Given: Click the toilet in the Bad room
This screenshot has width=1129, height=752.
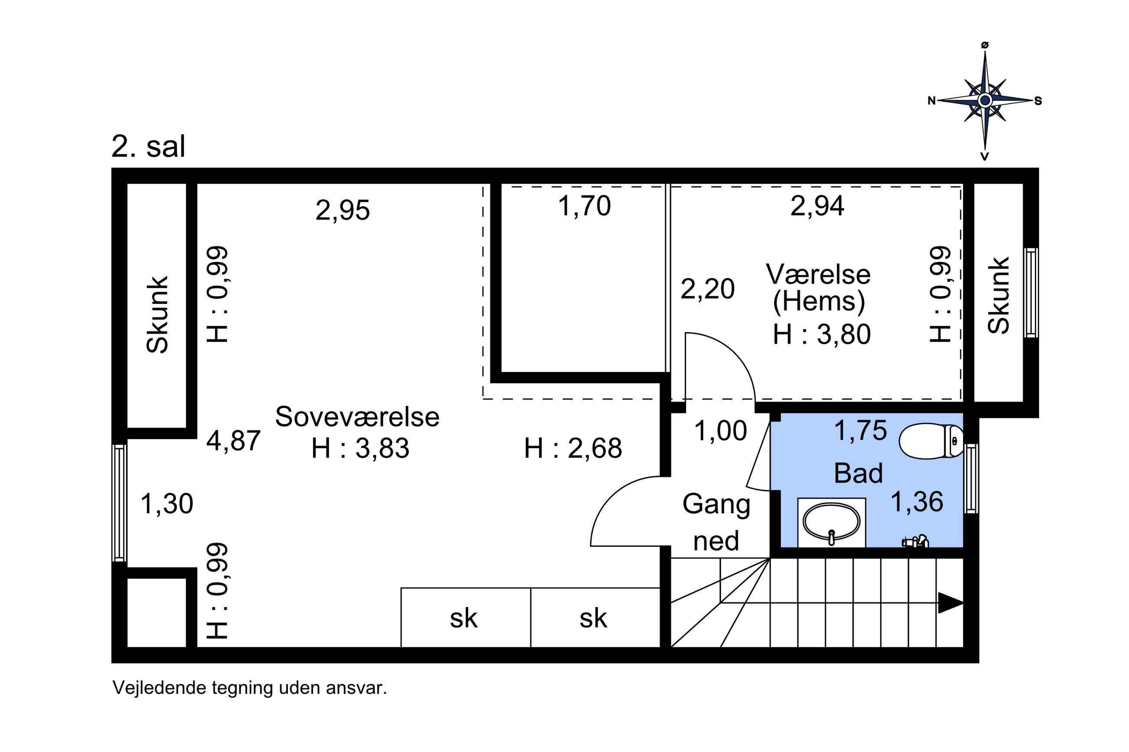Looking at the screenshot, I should click(x=930, y=441).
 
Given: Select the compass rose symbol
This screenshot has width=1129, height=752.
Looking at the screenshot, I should click(x=984, y=101).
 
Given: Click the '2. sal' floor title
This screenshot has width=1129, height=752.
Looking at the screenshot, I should click(x=148, y=146).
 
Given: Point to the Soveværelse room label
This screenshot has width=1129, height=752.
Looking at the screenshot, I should click(x=357, y=417).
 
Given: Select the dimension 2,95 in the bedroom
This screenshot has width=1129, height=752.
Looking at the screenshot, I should click(x=343, y=210).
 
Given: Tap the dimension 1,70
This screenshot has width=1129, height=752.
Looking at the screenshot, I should click(x=584, y=206).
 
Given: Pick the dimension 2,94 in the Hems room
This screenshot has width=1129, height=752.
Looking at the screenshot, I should click(x=817, y=206).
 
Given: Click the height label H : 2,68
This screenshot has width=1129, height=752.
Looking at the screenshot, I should click(x=573, y=448).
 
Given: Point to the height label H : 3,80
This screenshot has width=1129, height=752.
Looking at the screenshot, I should click(x=822, y=334).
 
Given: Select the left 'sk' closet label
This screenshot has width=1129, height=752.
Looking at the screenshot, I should click(x=463, y=618).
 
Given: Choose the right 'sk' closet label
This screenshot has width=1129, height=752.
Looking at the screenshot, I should click(x=593, y=618).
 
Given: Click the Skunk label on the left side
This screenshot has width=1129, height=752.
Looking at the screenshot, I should click(x=157, y=315).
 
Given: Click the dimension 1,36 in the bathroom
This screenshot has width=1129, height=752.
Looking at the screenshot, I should click(x=916, y=502).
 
